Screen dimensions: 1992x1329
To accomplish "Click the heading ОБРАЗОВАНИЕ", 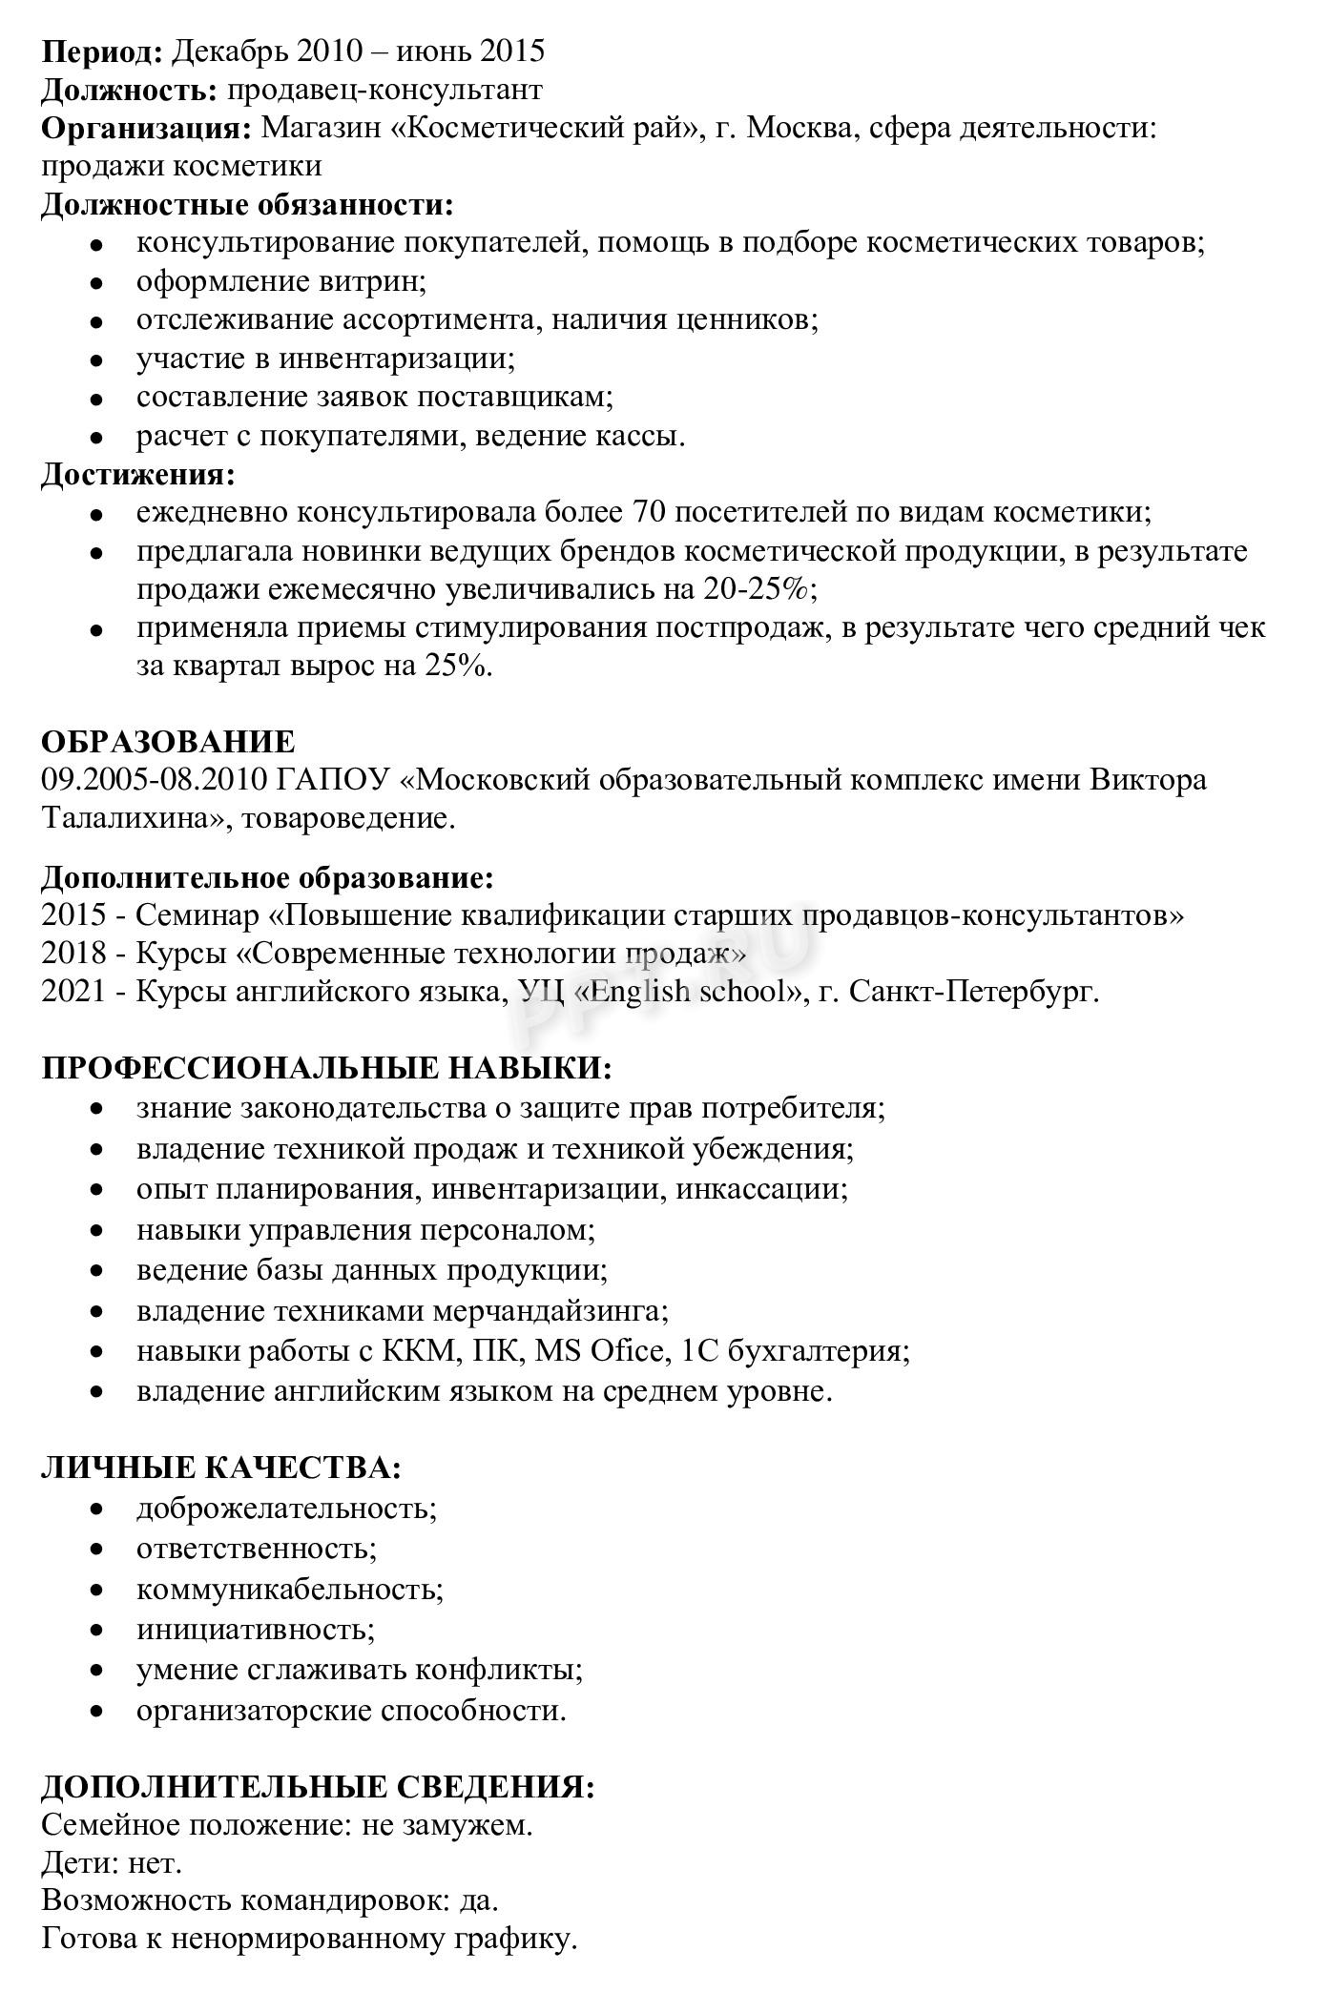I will click(168, 741).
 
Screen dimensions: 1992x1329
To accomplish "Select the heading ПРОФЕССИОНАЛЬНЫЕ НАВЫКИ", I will click(326, 1067).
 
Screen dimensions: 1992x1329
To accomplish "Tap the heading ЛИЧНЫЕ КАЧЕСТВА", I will click(220, 1468).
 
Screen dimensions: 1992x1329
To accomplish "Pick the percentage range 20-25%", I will click(759, 589).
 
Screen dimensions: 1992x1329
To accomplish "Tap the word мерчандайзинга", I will click(550, 1311).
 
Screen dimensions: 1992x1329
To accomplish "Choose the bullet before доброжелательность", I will click(95, 1509).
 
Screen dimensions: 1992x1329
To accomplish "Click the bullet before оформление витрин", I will click(95, 283).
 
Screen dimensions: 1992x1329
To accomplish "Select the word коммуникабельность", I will click(290, 1590).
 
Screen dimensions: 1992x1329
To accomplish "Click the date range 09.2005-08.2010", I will click(154, 780).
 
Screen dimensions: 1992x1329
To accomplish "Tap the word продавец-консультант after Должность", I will click(385, 90).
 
